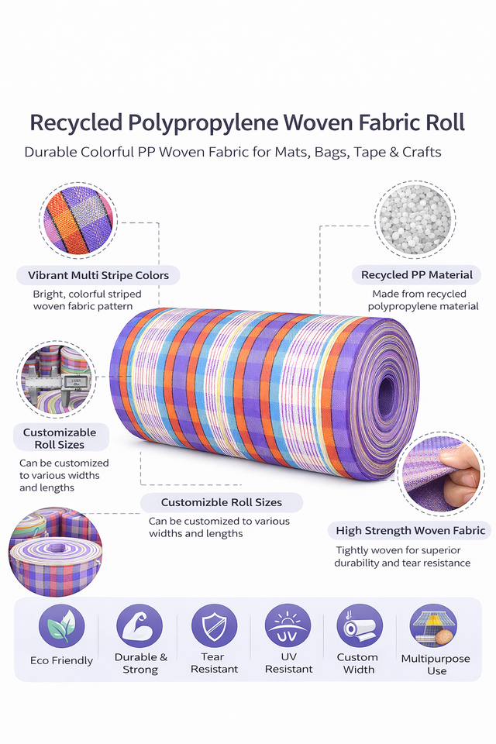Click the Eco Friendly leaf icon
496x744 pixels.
(61, 627)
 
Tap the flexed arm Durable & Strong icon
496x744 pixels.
(139, 625)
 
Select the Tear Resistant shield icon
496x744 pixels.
(214, 625)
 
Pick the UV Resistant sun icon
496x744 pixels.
(288, 625)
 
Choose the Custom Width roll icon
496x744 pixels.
(358, 625)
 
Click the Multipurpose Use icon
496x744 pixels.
(434, 625)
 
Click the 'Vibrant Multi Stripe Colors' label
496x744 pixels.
(98, 275)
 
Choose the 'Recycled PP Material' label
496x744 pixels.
(416, 274)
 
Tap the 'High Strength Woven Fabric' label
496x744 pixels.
(410, 530)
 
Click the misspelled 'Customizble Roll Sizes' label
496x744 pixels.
(221, 502)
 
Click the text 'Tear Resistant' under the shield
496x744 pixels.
(214, 663)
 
